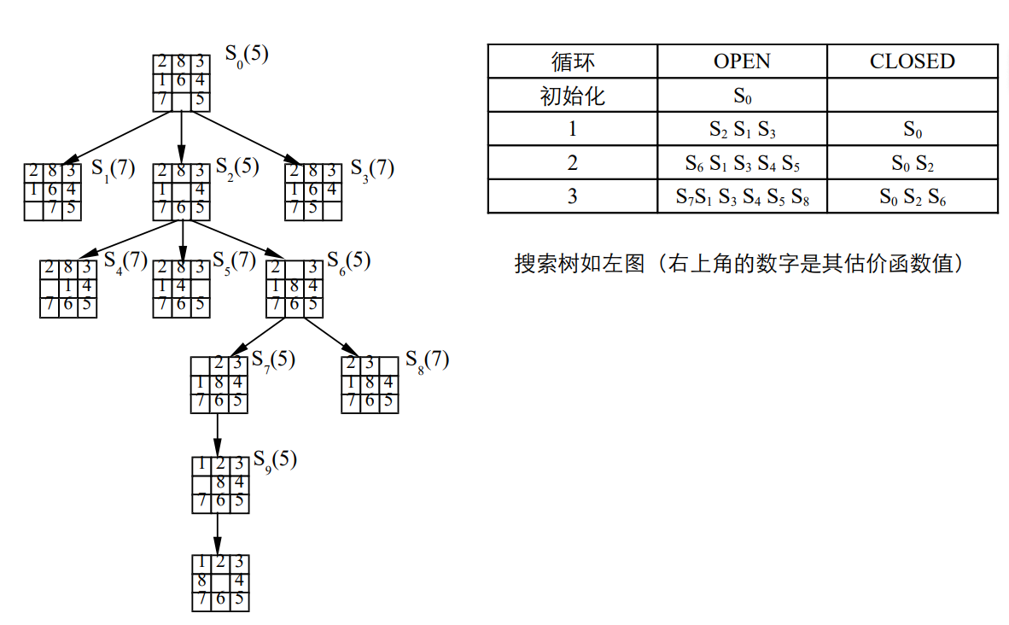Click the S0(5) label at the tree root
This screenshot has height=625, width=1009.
[x=247, y=55]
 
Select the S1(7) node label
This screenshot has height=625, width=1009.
[x=114, y=170]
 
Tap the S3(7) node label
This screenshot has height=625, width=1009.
[x=372, y=170]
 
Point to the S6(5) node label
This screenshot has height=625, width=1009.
[x=349, y=262]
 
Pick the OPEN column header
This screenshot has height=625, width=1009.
[x=742, y=61]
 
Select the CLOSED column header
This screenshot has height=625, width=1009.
[x=913, y=61]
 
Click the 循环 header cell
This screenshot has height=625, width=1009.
[x=573, y=61]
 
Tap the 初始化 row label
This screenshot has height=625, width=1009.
[x=573, y=96]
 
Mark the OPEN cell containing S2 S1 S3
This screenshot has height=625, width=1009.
[x=742, y=130]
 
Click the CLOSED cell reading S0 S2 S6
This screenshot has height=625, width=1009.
[x=913, y=197]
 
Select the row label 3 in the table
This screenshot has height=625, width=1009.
[x=573, y=196]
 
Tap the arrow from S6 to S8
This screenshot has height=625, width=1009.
[x=330, y=336]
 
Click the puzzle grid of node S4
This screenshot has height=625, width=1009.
[x=68, y=289]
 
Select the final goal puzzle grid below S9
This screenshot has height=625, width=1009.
[x=221, y=583]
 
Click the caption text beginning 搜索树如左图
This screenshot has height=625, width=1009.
[x=738, y=263]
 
